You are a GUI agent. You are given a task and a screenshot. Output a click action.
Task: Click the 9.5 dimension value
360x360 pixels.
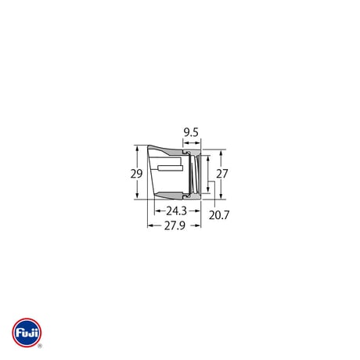pos(191,132)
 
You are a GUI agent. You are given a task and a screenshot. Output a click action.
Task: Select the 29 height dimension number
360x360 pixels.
pos(136,174)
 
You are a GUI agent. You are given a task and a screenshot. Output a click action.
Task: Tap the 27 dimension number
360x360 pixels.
pos(222,174)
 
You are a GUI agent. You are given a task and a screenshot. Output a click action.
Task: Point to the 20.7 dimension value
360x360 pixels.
pos(219,215)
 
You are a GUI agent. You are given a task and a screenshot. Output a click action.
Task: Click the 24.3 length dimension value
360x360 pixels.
pos(177,211)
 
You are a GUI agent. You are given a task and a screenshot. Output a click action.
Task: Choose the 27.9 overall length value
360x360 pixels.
pos(175,225)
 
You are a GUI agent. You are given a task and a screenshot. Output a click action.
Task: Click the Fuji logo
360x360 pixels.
pos(27,333)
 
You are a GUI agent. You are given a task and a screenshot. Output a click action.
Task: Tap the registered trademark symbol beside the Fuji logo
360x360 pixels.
pos(40,346)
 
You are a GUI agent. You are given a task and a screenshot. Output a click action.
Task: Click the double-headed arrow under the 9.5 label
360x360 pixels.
pos(192,142)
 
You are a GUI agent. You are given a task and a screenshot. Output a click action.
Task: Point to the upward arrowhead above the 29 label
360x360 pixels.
pos(137,148)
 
